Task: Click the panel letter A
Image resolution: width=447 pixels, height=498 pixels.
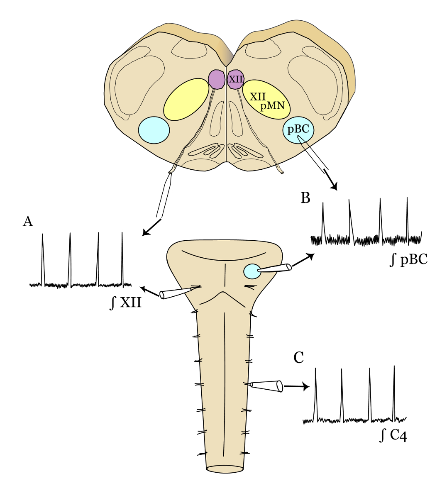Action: pyautogui.click(x=28, y=222)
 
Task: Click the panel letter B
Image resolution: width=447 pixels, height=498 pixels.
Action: pyautogui.click(x=305, y=198)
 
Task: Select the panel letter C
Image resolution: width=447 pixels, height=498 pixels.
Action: pyautogui.click(x=298, y=358)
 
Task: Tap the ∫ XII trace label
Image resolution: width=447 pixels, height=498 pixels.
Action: pyautogui.click(x=126, y=303)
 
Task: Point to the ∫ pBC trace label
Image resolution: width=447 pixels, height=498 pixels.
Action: pyautogui.click(x=409, y=260)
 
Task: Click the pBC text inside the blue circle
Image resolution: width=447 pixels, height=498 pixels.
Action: pyautogui.click(x=298, y=129)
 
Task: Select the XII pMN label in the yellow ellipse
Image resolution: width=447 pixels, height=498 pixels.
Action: pyautogui.click(x=267, y=101)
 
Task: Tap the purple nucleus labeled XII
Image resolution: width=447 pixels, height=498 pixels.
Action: pyautogui.click(x=236, y=79)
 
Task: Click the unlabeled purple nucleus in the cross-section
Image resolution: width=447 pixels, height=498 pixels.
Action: pyautogui.click(x=217, y=79)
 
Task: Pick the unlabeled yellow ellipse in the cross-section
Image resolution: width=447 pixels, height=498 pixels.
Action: pyautogui.click(x=186, y=100)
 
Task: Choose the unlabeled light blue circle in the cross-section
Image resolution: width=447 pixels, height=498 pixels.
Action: pyautogui.click(x=154, y=130)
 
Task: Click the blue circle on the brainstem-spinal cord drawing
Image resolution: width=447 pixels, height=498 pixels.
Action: pyautogui.click(x=252, y=271)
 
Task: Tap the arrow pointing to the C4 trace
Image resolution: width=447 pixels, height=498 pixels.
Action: pyautogui.click(x=297, y=386)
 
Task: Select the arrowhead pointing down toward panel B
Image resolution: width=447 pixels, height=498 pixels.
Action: pyautogui.click(x=334, y=187)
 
